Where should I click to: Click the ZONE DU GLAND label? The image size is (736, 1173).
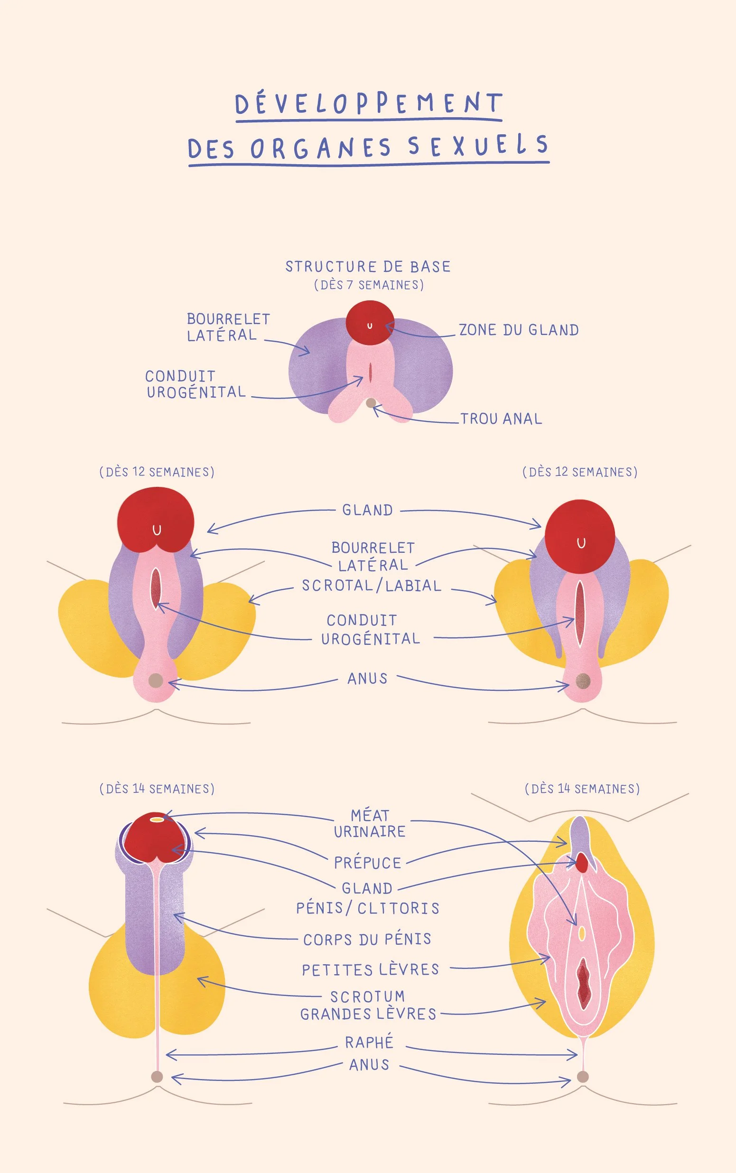tap(519, 330)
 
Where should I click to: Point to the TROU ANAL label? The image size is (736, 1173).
tap(501, 419)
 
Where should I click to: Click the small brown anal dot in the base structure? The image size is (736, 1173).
tap(371, 402)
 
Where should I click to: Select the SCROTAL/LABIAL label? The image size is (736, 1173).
tap(372, 585)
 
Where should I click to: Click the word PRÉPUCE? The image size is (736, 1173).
tap(367, 863)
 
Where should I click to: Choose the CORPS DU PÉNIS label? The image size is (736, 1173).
tap(367, 939)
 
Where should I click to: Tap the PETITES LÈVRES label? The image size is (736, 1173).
tap(370, 969)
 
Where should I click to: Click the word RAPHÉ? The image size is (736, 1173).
tap(369, 1042)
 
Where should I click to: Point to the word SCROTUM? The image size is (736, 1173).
tap(367, 996)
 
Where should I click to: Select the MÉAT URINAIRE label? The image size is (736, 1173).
tap(370, 824)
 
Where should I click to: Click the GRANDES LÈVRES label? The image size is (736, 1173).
tap(368, 1014)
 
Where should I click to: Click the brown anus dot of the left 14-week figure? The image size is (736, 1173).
tap(157, 1076)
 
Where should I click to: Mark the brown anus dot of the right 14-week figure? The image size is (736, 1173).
tap(583, 1076)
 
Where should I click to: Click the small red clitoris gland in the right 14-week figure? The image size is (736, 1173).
tap(582, 864)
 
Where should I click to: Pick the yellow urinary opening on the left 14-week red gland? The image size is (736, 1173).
tap(157, 819)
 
